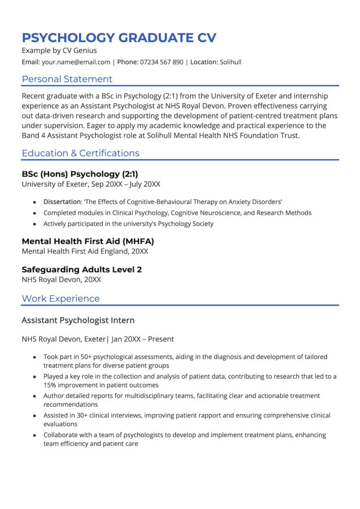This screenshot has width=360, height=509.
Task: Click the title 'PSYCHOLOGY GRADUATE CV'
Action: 119,38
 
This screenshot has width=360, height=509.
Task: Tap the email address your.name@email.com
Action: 76,62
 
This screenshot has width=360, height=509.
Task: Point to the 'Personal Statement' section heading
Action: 67,79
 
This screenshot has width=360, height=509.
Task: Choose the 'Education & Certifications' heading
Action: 81,153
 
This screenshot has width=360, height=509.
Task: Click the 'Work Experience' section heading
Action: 61,299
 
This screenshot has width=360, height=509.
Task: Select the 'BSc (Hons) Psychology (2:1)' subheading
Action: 80,174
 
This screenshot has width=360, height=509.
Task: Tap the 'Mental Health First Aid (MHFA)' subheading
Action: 88,242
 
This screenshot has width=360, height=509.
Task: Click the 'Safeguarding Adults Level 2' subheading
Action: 82,269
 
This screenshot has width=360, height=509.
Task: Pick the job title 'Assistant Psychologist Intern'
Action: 78,320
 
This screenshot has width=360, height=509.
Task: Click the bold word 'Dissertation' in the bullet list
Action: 62,202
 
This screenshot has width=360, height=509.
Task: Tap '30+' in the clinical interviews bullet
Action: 81,415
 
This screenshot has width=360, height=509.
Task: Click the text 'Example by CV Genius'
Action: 59,51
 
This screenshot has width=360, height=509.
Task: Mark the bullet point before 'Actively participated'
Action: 34,224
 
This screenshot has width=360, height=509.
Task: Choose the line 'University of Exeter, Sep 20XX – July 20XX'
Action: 91,184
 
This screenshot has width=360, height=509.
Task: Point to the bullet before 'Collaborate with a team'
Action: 34,435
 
